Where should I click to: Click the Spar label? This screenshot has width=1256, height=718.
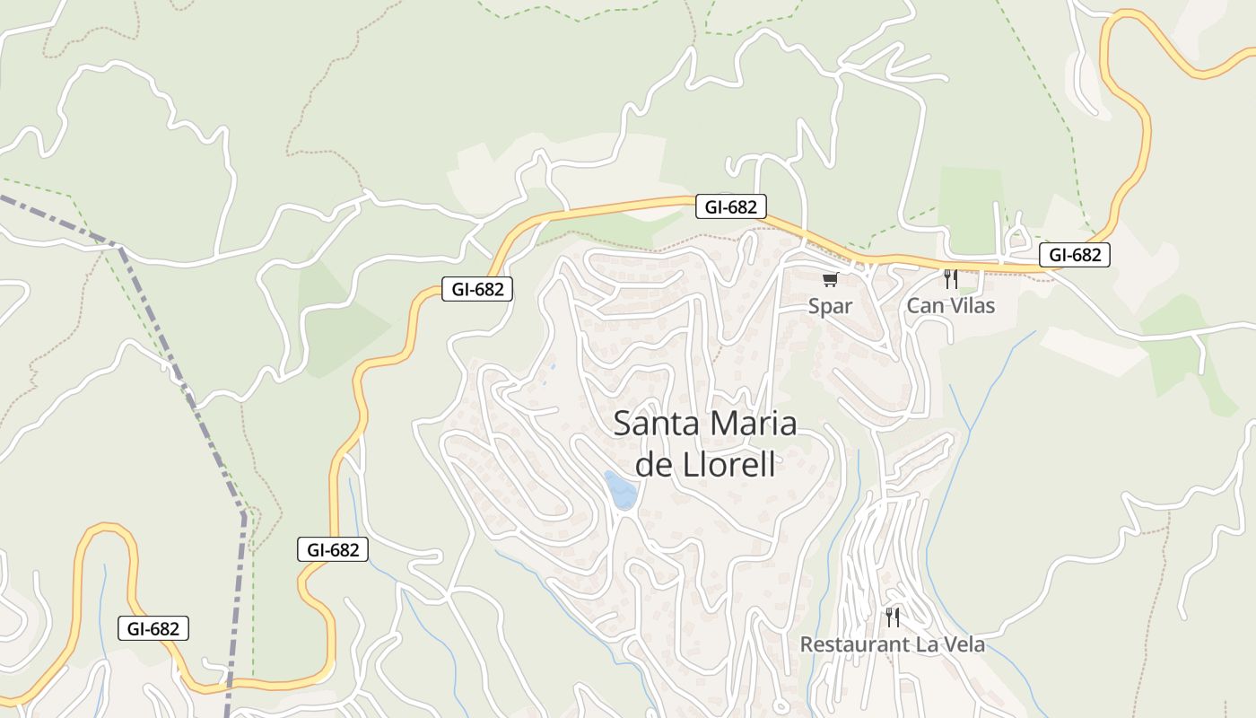click(x=830, y=306)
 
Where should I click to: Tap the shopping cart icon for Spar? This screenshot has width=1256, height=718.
click(x=830, y=280)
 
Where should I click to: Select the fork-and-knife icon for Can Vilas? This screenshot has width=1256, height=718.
click(x=950, y=279)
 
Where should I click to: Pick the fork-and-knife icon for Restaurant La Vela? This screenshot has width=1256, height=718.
click(x=892, y=617)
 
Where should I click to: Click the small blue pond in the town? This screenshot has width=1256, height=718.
click(x=621, y=490)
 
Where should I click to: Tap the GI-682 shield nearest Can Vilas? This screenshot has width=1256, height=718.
click(x=1075, y=255)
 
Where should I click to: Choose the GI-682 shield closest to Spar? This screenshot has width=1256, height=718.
click(x=730, y=207)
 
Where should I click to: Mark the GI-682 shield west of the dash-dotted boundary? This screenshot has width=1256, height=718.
click(x=153, y=628)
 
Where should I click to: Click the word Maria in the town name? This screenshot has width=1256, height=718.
click(x=753, y=424)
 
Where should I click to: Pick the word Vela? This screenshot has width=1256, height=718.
click(x=964, y=644)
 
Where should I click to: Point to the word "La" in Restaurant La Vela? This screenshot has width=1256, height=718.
click(x=926, y=644)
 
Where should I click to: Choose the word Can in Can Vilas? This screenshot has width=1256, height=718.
click(x=923, y=306)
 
